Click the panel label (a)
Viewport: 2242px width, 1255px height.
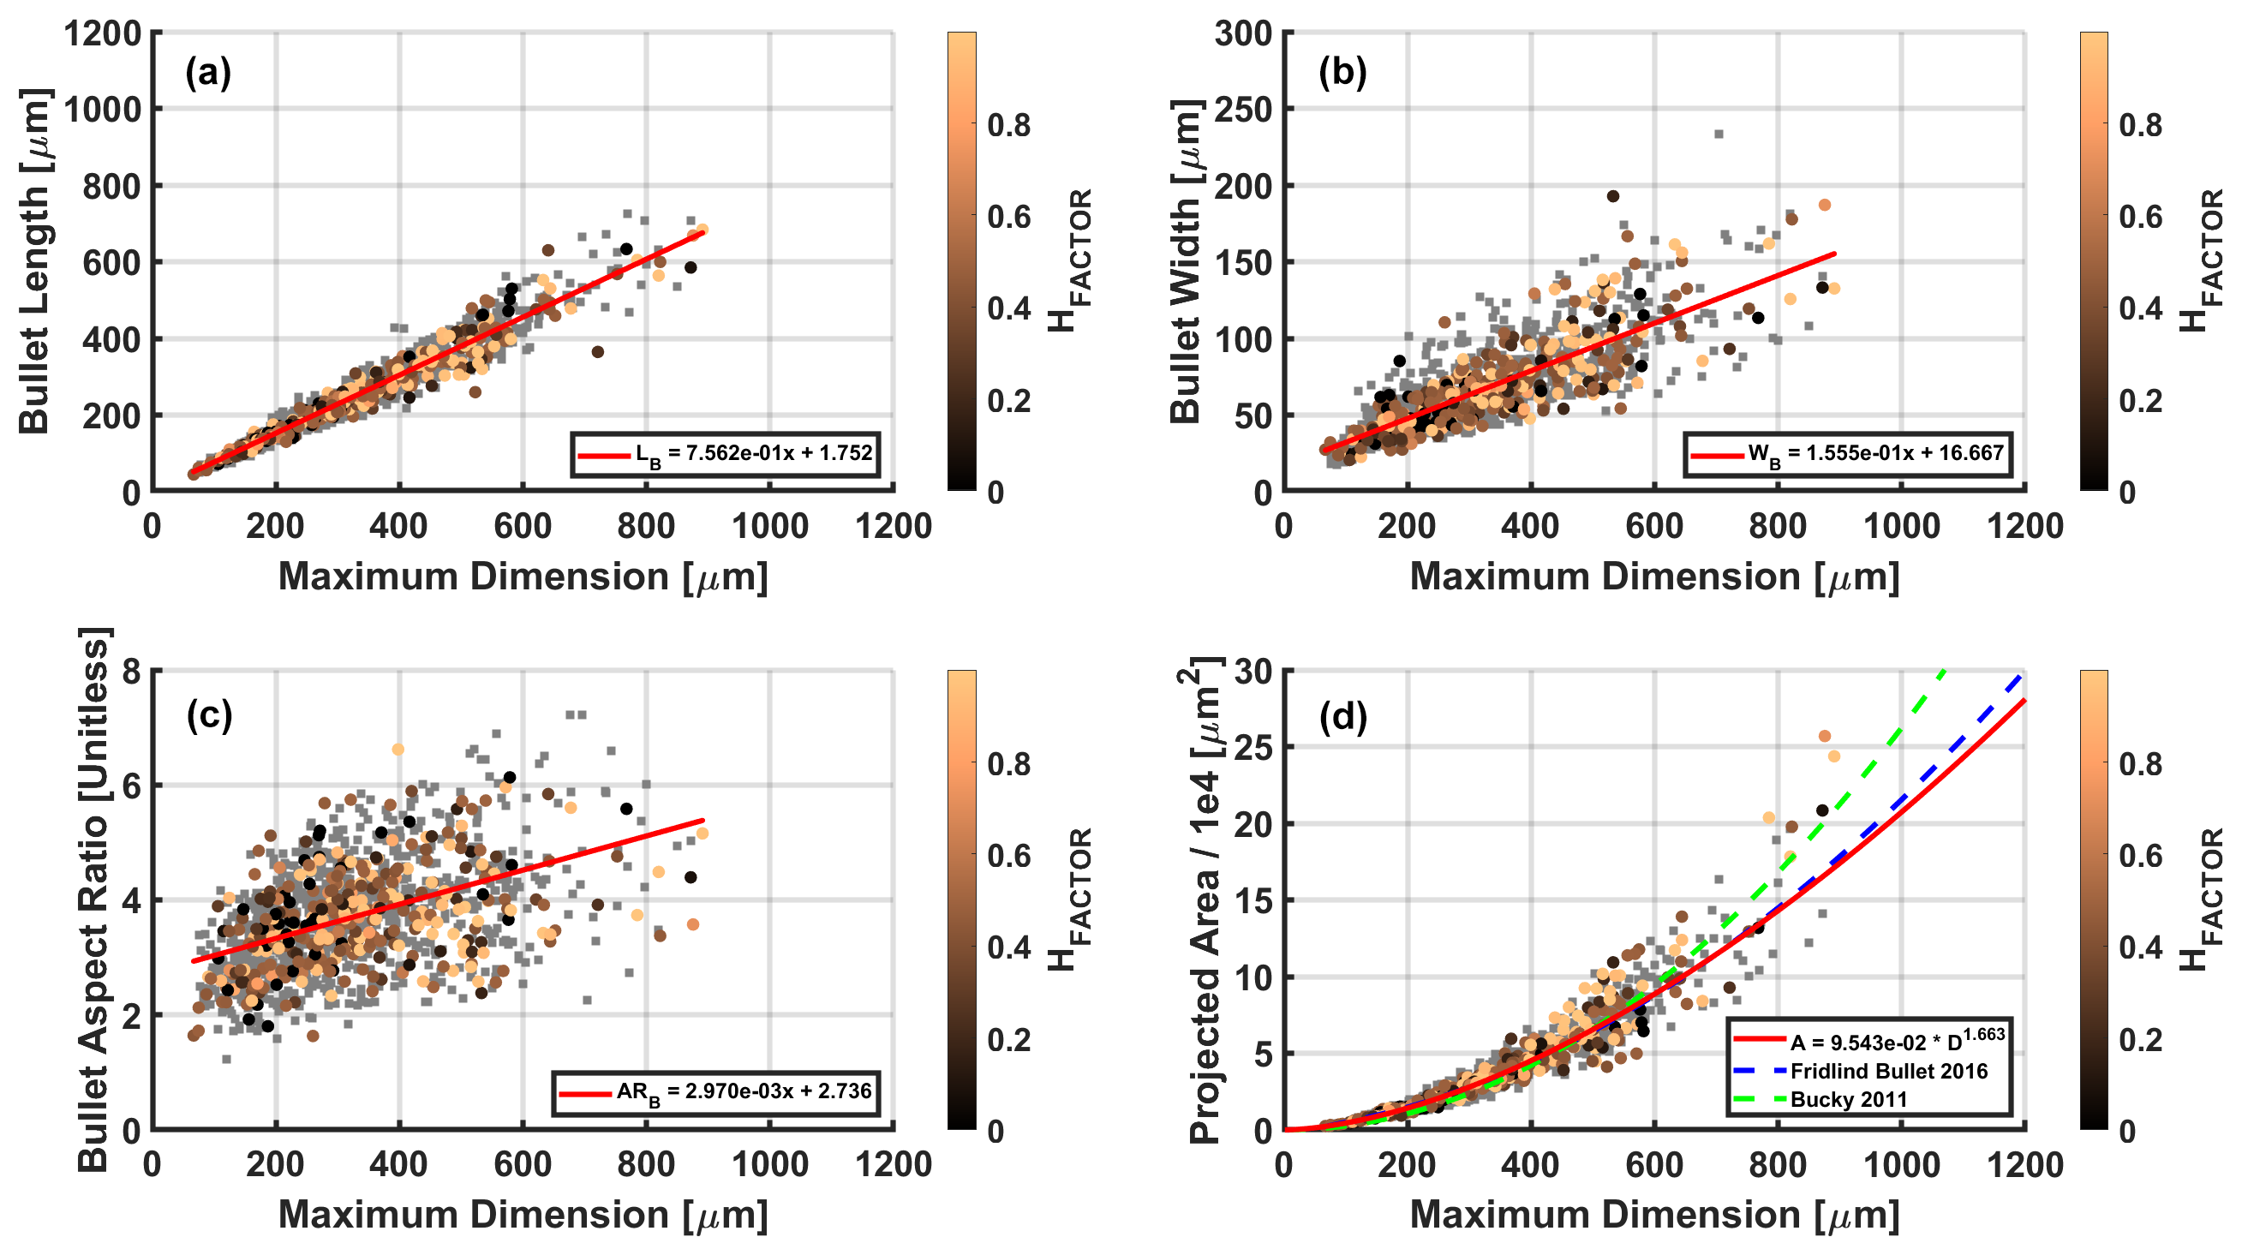click(208, 73)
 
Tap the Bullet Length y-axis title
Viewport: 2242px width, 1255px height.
click(35, 261)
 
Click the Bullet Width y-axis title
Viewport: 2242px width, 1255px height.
click(1187, 261)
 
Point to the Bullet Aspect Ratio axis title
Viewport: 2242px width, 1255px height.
click(94, 899)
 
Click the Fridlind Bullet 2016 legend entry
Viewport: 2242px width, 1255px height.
click(1888, 1071)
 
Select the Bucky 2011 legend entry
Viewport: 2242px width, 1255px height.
click(1848, 1099)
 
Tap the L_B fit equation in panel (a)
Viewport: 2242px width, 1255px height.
click(753, 453)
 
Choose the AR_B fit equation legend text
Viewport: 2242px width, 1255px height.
click(744, 1091)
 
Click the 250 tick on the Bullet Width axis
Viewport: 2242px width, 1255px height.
click(1243, 110)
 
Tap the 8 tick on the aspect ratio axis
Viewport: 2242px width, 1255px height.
click(131, 671)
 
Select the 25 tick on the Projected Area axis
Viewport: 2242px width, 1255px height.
click(1253, 748)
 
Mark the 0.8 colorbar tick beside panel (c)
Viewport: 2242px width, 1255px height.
click(1008, 763)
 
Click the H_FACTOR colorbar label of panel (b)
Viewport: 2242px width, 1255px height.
click(2202, 261)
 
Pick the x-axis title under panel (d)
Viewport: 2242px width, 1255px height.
click(1653, 1215)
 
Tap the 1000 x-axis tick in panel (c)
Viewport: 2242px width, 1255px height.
click(770, 1164)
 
